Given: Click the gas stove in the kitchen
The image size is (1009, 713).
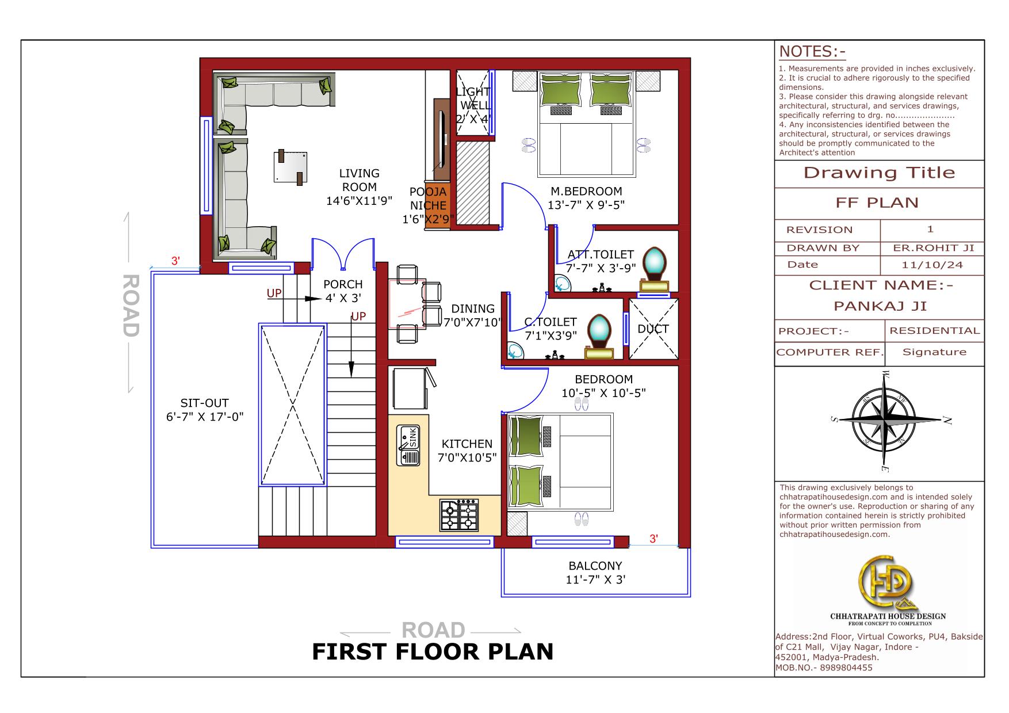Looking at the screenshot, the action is (x=460, y=515).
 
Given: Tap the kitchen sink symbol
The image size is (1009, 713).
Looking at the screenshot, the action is (x=408, y=445).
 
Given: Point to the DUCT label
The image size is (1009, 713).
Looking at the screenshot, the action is (x=653, y=329).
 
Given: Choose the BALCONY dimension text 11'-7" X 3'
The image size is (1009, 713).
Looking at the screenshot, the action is (x=595, y=579).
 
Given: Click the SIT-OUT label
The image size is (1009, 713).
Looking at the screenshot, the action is (x=204, y=403).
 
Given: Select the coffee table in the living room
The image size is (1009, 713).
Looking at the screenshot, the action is (x=290, y=167).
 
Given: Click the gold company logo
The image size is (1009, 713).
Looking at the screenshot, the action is (x=887, y=582).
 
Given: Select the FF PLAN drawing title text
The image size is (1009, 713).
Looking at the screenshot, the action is (x=877, y=203).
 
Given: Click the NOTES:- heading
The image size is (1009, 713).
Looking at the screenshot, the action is (x=812, y=52).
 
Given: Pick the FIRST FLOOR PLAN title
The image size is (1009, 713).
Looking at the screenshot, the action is (x=433, y=651).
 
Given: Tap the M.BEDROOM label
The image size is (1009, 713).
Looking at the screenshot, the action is (x=586, y=191).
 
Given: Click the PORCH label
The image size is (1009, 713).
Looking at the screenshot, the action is (x=343, y=284).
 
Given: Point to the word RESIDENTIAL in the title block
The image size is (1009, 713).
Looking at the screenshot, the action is (x=934, y=330).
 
